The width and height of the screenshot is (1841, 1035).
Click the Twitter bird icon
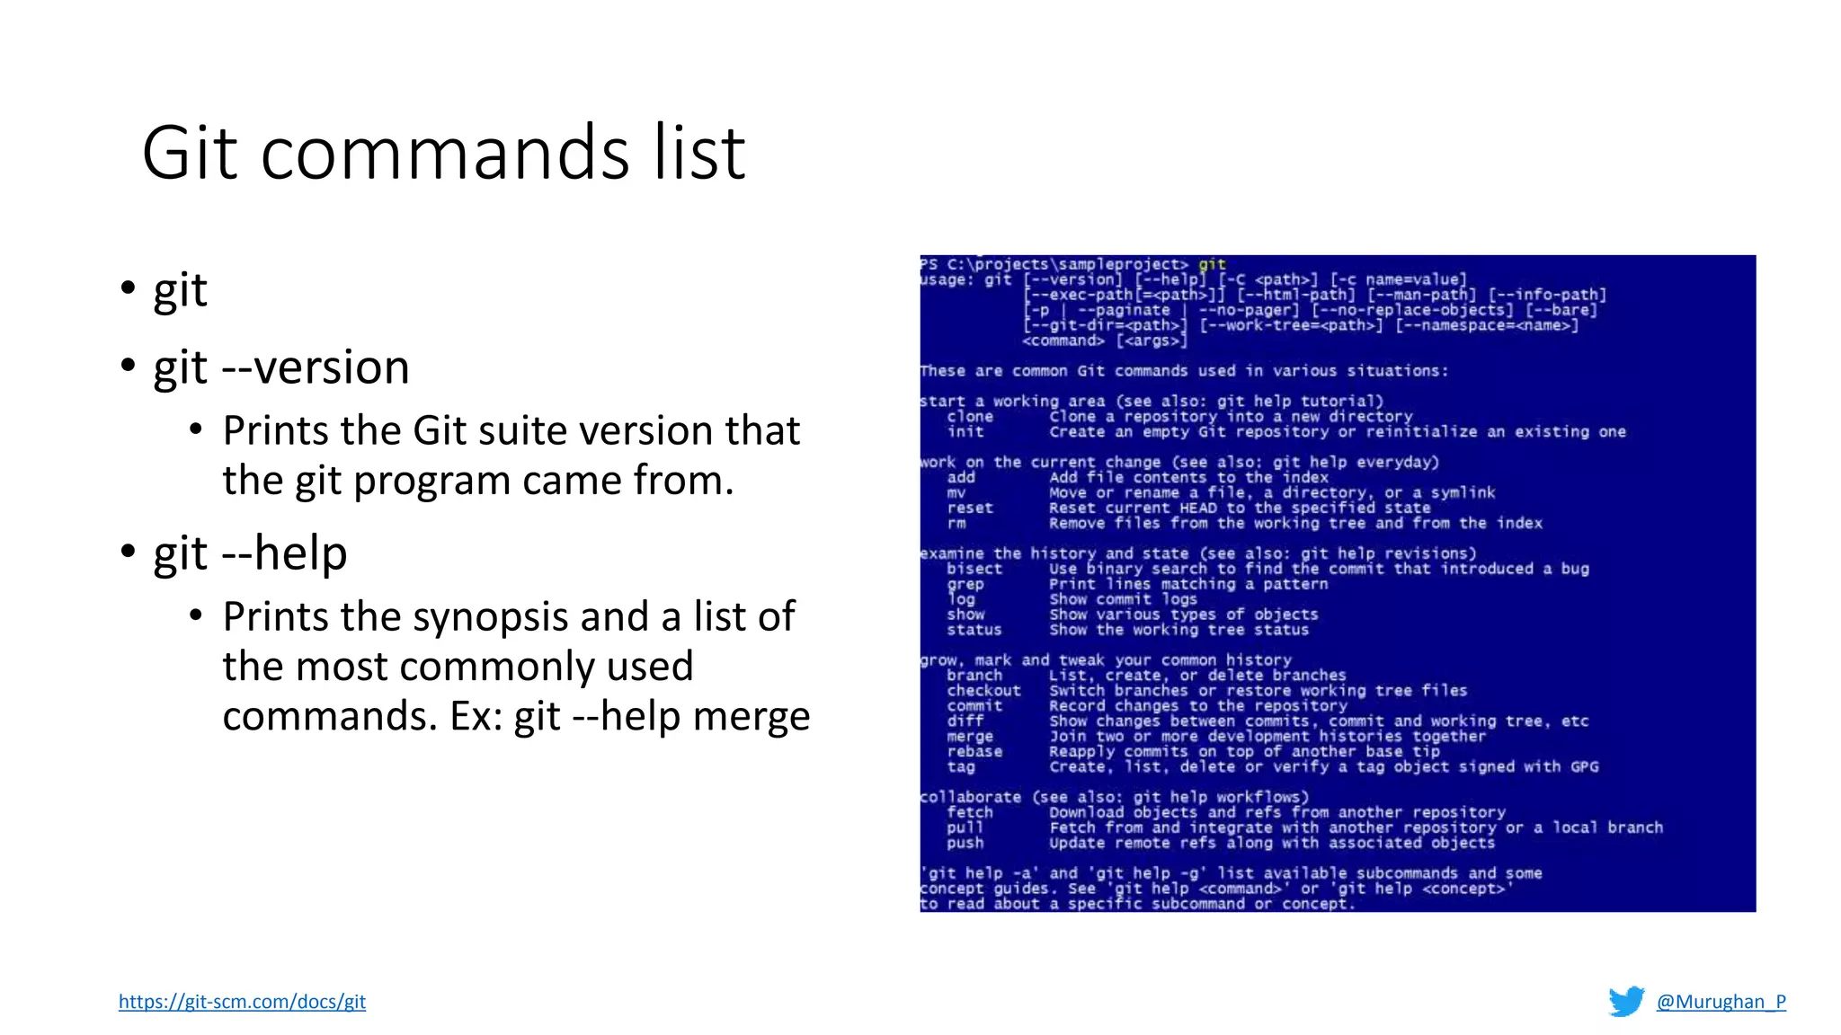(x=1626, y=1002)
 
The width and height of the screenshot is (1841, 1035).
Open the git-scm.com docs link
(x=242, y=1002)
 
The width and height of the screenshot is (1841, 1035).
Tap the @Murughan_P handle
(x=1721, y=1002)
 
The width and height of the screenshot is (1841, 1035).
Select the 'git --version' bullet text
(x=281, y=367)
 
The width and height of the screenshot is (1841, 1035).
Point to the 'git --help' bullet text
(x=250, y=553)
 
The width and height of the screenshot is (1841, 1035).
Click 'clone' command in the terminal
(x=969, y=417)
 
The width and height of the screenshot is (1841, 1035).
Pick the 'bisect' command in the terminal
(x=974, y=569)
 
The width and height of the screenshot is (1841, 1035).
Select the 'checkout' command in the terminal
(x=983, y=691)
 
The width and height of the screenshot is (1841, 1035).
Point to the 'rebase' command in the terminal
(x=974, y=752)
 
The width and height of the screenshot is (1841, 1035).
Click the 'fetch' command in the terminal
(x=969, y=812)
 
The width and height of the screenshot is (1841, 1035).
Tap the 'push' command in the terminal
(x=965, y=843)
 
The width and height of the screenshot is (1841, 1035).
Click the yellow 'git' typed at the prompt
(x=1212, y=264)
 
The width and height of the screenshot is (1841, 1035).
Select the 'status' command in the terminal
(x=974, y=630)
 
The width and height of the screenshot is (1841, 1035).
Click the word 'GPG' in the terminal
(x=1584, y=767)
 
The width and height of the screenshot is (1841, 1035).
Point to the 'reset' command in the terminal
(x=969, y=509)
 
